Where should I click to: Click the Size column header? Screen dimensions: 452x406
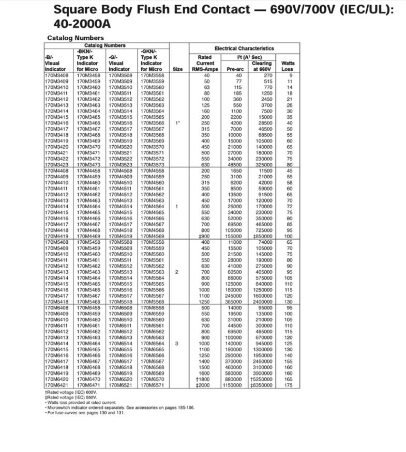point(177,69)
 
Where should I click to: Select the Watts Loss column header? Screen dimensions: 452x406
point(287,66)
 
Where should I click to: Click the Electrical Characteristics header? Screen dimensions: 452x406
point(244,48)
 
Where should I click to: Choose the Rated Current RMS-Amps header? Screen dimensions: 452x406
point(205,63)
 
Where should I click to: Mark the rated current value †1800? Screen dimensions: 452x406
point(205,379)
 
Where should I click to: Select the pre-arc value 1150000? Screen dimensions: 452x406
point(232,385)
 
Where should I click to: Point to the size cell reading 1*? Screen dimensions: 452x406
point(177,123)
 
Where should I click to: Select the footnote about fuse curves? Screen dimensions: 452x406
point(85,412)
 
